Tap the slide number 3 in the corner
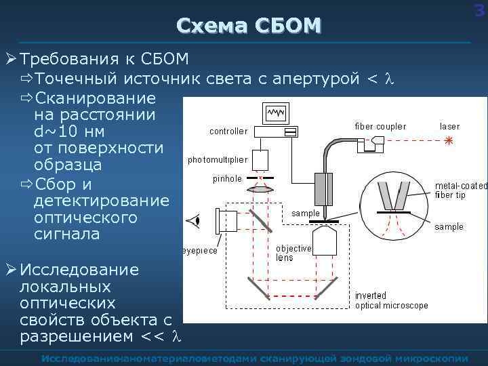(x=482, y=9)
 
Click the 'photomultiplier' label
(x=218, y=160)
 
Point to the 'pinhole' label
(x=227, y=179)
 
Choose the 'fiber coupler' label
(x=381, y=126)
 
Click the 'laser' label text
(x=449, y=126)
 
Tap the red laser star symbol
(x=448, y=142)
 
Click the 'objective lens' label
(x=293, y=253)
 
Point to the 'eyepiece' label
(x=200, y=250)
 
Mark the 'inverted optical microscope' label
(x=392, y=300)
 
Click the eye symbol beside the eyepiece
(x=196, y=220)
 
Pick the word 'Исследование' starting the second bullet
(x=79, y=270)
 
